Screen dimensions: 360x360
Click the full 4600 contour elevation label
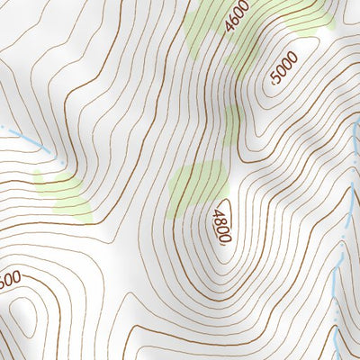(x=237, y=17)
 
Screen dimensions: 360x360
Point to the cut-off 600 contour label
(x=10, y=281)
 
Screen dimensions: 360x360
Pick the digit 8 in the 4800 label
(x=220, y=222)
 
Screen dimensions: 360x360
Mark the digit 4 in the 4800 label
(x=217, y=214)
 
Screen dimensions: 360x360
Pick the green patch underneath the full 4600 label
(x=202, y=36)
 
